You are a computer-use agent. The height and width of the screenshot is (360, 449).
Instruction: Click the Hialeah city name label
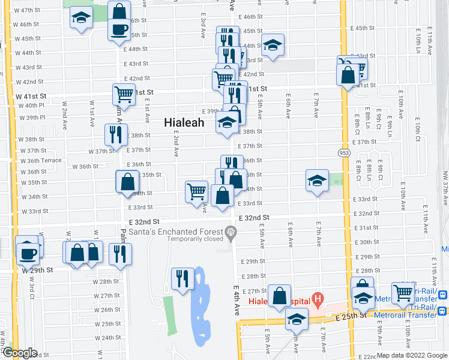pyautogui.click(x=184, y=122)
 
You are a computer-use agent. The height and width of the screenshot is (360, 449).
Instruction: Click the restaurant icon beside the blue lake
pyautogui.click(x=182, y=278)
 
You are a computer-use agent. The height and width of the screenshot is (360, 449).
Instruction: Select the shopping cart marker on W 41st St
pyautogui.click(x=124, y=94)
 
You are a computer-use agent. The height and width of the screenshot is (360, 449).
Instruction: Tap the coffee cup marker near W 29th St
pyautogui.click(x=28, y=252)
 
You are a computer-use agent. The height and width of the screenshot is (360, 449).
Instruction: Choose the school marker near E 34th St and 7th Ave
pyautogui.click(x=317, y=180)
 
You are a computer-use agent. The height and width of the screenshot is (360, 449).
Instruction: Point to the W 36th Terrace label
pyautogui.click(x=41, y=161)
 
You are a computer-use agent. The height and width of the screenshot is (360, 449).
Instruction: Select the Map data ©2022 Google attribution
pyautogui.click(x=411, y=355)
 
